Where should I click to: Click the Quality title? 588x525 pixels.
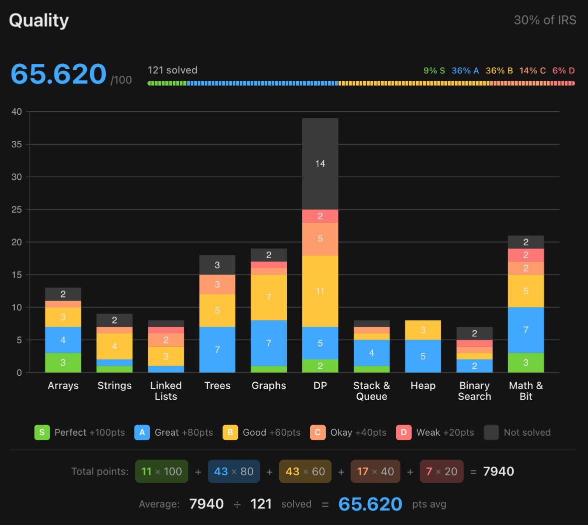click(39, 20)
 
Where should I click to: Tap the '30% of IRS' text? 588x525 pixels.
click(545, 20)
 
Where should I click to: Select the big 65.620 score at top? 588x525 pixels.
click(58, 74)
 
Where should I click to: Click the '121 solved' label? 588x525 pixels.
click(172, 70)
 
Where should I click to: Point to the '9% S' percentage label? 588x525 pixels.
click(434, 71)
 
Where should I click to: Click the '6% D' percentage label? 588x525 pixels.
click(563, 71)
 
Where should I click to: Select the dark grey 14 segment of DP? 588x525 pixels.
click(320, 164)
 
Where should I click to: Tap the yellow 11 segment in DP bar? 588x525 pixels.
click(320, 291)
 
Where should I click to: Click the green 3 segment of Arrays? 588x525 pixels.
click(63, 363)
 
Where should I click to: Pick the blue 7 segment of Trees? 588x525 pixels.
click(217, 350)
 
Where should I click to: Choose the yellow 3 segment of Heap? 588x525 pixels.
click(423, 330)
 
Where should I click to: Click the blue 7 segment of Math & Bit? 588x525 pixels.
click(526, 330)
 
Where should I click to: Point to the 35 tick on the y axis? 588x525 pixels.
click(16, 144)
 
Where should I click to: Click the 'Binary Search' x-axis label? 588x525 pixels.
click(474, 391)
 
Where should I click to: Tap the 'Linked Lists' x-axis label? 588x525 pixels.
click(166, 391)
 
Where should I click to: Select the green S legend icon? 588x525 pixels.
click(42, 432)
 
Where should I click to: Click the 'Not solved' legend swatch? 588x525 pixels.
click(491, 432)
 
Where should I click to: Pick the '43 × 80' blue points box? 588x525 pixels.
click(234, 471)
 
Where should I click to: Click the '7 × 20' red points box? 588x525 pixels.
click(442, 471)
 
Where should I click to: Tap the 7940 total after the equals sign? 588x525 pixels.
click(499, 471)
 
